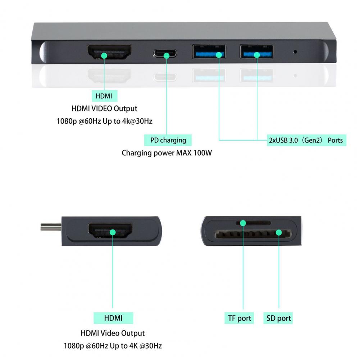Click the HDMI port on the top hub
pos(109,52)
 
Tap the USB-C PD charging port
pos(165,54)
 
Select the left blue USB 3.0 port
pos(209,52)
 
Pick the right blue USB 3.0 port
pos(256,52)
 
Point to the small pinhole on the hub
pos(295,52)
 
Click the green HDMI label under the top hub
pos(104,96)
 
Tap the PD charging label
pos(168,140)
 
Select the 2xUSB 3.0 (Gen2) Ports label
pos(306,140)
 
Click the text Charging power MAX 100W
pos(167,153)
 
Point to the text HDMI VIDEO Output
pos(104,108)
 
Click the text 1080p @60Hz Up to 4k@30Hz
pos(104,121)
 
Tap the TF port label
pos(239,318)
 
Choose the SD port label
pos(278,318)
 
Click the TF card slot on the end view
pos(253,223)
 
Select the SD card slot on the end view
pos(253,234)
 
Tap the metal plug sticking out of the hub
pos(51,227)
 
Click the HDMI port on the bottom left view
pos(110,231)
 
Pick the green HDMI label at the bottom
pos(113,318)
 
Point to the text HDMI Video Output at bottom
pos(113,333)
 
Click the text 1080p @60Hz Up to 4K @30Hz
pos(113,346)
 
